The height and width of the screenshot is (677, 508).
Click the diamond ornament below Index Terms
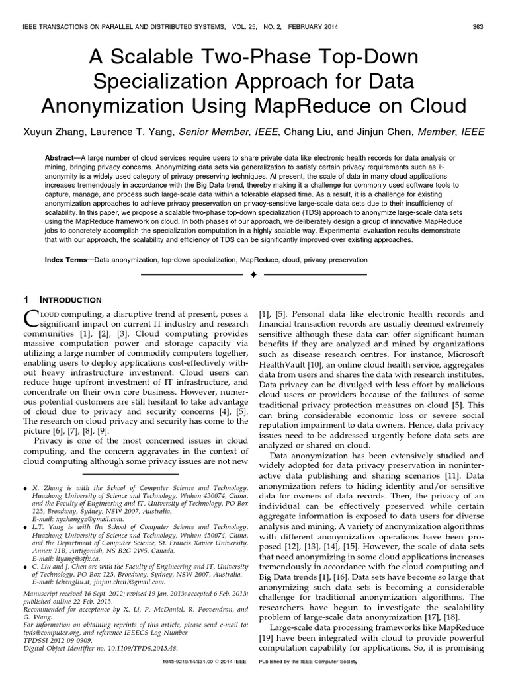(253, 274)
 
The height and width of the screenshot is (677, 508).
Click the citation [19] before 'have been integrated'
(268, 636)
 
